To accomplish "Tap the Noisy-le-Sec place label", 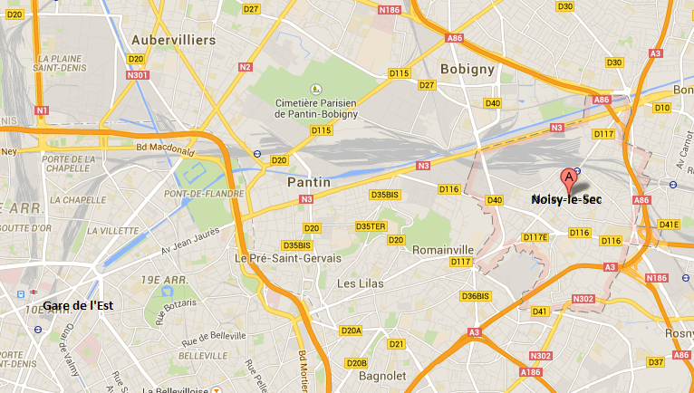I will (x=566, y=199).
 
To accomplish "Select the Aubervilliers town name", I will (x=173, y=41).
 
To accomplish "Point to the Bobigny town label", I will (x=465, y=69).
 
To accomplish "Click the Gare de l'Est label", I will (x=77, y=305).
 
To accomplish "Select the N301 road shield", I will (x=138, y=75).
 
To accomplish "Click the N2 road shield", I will (x=246, y=66).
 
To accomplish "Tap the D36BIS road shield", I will (x=476, y=296).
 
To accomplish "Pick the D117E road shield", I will (x=536, y=237).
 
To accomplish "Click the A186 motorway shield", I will (x=532, y=371).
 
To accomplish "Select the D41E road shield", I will (x=669, y=225).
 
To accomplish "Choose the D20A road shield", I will (x=352, y=331).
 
